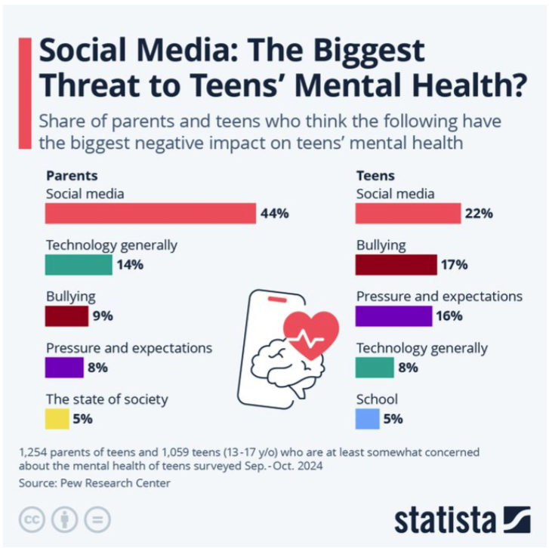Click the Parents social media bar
[x=150, y=214]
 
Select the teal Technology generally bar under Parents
[x=79, y=265]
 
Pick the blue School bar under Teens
[x=368, y=418]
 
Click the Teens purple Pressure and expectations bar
[x=393, y=316]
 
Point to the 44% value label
[x=274, y=214]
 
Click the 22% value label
[x=479, y=214]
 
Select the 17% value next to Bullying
[x=454, y=265]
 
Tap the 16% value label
[x=450, y=316]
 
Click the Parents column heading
[x=72, y=176]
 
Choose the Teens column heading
[x=375, y=176]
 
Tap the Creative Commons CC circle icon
[x=31, y=519]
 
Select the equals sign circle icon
[x=97, y=519]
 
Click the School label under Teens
[x=376, y=399]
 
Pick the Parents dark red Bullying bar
[x=66, y=316]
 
